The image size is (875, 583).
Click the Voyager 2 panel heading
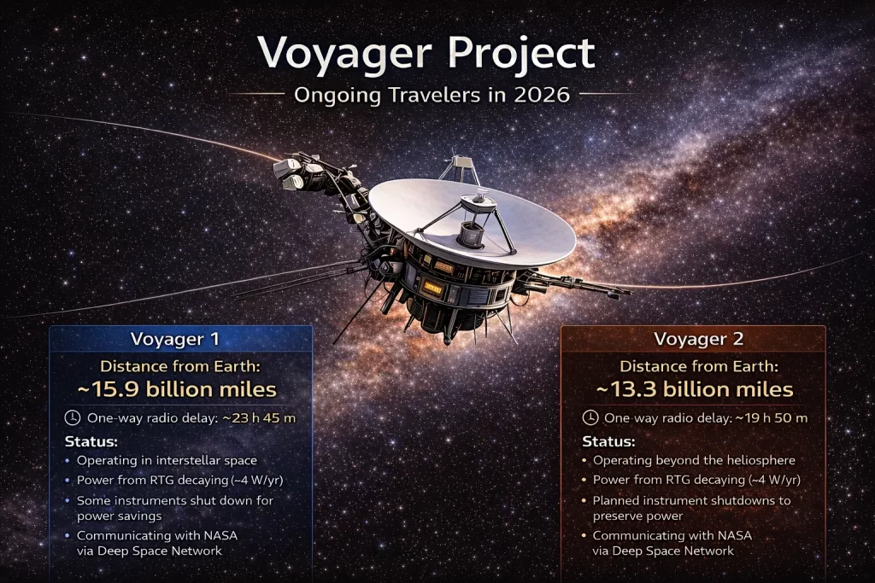pos(693,339)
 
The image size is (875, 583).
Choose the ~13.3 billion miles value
pos(693,389)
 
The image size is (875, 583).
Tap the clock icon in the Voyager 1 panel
pos(73,417)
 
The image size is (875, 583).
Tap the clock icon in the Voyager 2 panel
pos(590,417)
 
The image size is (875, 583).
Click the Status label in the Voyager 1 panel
pos(91,441)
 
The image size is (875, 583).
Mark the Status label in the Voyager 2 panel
pos(608,441)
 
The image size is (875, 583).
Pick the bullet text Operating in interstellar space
pos(167,460)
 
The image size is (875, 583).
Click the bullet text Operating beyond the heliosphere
pos(694,460)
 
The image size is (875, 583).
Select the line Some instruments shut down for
pos(175,500)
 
